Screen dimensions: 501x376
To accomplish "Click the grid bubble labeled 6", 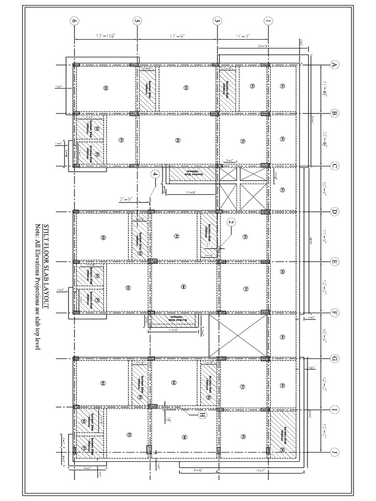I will [x=74, y=22].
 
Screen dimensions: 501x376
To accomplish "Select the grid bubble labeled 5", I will [x=137, y=22].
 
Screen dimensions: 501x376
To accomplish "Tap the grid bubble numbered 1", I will [x=268, y=22].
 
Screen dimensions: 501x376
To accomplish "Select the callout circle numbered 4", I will [x=155, y=174].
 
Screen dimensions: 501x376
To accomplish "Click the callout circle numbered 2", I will [x=231, y=222].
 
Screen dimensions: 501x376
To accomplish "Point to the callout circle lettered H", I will [x=201, y=416].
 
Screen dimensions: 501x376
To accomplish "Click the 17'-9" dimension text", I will [x=177, y=36].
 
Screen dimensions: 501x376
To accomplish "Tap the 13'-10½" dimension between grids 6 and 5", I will [x=105, y=36].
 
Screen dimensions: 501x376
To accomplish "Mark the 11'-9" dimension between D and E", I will [x=325, y=237].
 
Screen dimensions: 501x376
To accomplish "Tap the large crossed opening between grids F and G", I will [x=238, y=336].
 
